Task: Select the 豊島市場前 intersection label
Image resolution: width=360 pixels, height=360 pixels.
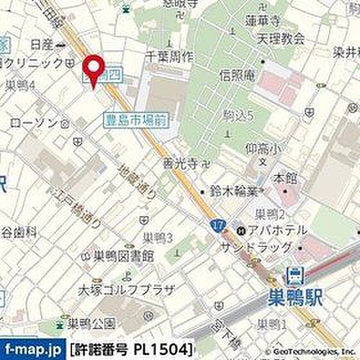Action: pos(136,118)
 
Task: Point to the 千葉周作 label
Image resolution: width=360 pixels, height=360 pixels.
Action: pos(169,57)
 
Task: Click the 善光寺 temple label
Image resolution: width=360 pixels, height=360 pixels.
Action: pos(184,164)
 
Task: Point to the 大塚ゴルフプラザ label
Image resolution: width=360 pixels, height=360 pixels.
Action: pos(126,290)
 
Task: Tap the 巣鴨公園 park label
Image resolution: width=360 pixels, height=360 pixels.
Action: pos(89,322)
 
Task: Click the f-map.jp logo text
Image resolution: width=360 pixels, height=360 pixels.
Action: pos(32,348)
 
